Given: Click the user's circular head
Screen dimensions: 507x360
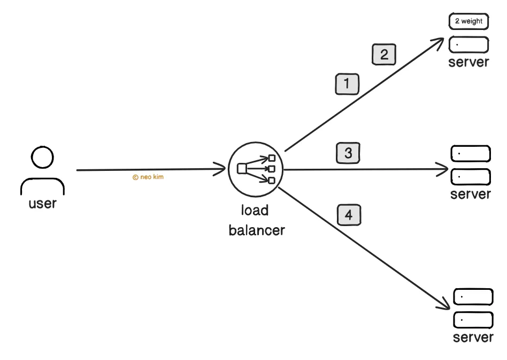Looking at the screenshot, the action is click(x=42, y=157).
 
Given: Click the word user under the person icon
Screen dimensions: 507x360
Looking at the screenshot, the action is click(x=42, y=204).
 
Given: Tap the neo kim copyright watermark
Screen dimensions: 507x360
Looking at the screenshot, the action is click(x=148, y=177).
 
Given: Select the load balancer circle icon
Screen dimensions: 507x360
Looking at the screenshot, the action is click(x=256, y=169).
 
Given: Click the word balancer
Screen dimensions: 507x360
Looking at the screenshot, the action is click(x=257, y=230).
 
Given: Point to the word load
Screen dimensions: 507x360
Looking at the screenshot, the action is click(x=255, y=211).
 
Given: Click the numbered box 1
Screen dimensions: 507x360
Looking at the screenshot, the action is click(x=347, y=84).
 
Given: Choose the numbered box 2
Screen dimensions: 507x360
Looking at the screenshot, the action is click(x=384, y=54).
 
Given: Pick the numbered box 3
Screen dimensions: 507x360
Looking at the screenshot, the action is click(x=348, y=153).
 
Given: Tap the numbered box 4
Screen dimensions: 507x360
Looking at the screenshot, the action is click(x=349, y=215).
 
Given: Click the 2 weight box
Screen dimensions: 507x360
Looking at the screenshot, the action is click(x=468, y=21).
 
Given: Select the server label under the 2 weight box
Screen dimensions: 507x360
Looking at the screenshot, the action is click(x=468, y=62).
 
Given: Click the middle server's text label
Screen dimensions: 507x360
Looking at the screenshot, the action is click(x=471, y=194).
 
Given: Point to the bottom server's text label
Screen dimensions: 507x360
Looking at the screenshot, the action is click(x=473, y=337).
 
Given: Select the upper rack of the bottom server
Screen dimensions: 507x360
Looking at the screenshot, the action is click(x=473, y=297).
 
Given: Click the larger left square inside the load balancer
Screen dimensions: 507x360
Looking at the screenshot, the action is click(x=242, y=169).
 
